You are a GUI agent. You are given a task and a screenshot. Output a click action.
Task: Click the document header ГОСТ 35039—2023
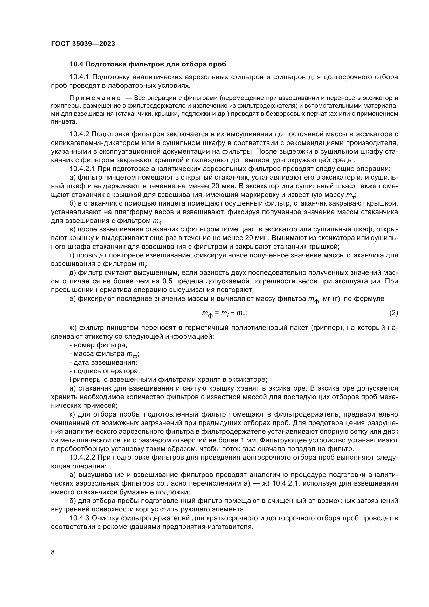83,44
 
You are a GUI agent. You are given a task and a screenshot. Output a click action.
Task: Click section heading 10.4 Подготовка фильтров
147,64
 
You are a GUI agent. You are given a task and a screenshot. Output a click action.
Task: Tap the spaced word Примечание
95,98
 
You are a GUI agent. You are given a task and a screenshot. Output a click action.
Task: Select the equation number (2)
393,313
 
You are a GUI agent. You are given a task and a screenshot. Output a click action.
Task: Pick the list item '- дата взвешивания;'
103,362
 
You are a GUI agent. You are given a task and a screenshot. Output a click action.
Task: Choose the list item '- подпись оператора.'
104,371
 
